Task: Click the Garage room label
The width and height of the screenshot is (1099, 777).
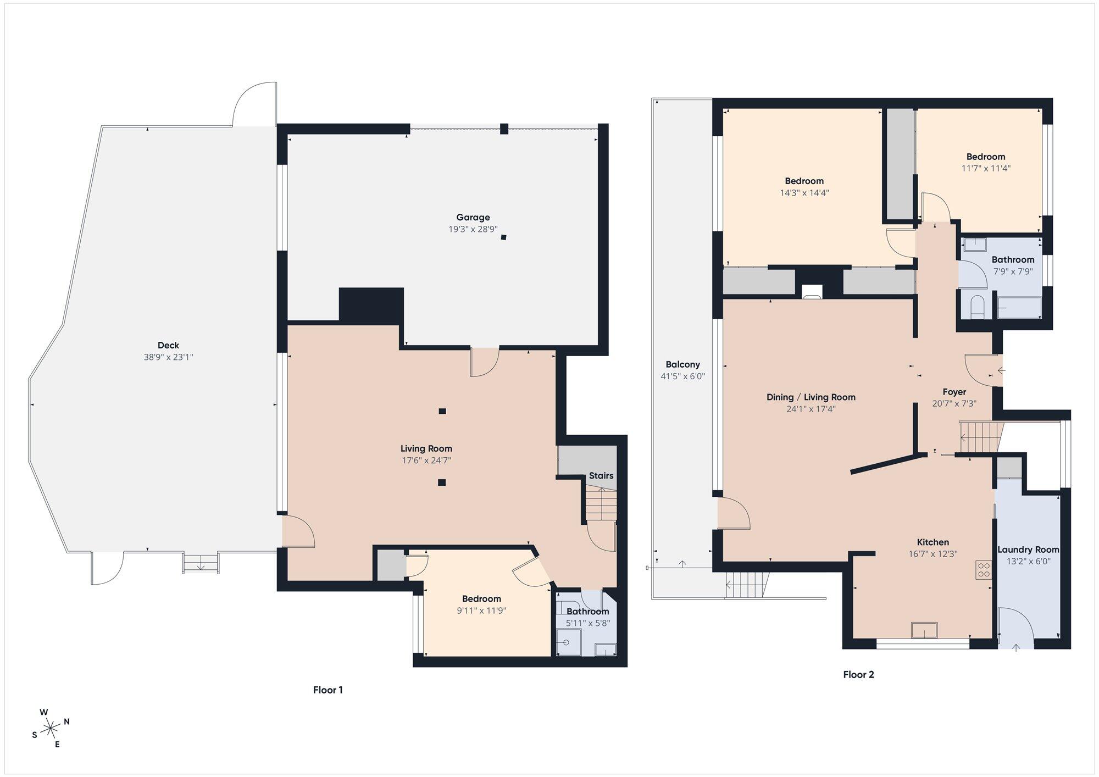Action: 473,218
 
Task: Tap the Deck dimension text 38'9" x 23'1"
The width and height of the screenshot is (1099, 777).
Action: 168,357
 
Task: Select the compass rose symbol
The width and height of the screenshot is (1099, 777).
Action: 51,728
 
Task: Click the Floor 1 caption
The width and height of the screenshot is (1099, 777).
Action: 328,690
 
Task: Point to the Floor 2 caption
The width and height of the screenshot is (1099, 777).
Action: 858,675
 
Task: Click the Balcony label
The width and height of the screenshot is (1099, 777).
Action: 682,364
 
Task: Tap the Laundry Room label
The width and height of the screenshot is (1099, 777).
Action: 1028,550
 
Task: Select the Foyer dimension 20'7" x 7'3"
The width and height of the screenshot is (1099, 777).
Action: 954,403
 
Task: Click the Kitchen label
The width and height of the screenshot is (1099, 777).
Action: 933,542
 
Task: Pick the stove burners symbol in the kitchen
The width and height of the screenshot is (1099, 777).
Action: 983,570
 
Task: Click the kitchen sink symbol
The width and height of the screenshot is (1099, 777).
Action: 924,630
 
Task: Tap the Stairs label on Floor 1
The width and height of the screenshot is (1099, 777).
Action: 601,476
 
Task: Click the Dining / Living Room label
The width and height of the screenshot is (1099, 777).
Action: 811,397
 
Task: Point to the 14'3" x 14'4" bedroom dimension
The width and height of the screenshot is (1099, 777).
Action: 804,193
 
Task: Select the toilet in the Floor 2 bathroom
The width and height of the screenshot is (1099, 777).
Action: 977,307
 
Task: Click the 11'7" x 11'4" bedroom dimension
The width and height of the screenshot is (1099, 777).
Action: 986,168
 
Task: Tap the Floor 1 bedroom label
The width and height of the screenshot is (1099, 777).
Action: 481,599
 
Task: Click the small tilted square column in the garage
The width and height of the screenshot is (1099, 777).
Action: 503,237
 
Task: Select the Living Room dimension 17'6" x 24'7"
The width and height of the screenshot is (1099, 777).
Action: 426,460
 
